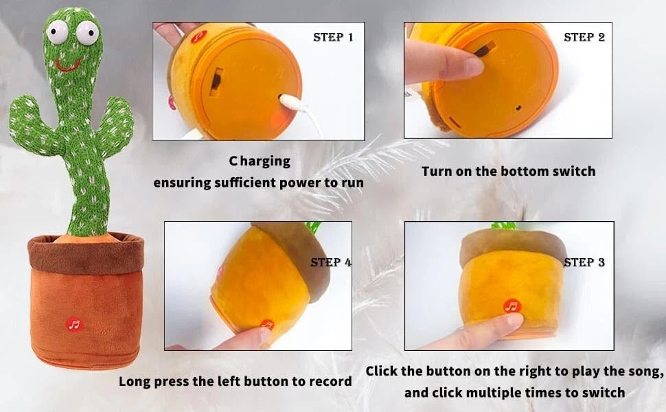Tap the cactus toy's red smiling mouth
(x=68, y=65)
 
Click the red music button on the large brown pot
(x=74, y=325)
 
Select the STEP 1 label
(x=333, y=37)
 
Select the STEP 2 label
(x=584, y=37)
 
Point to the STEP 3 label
(x=584, y=262)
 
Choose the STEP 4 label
(x=331, y=262)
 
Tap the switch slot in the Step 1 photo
(x=216, y=80)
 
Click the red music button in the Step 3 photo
(x=512, y=306)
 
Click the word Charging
(x=260, y=161)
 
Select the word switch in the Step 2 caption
(x=574, y=171)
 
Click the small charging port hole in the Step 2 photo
(x=518, y=108)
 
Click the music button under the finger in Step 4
(x=267, y=325)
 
